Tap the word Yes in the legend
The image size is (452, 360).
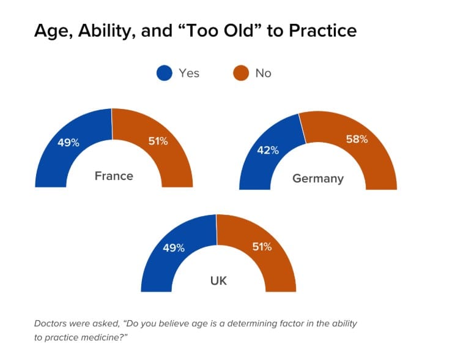pos(189,73)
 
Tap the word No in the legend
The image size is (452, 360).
pos(264,73)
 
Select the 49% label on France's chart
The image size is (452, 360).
pos(69,143)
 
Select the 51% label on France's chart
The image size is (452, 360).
pos(158,141)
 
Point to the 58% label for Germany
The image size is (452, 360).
pos(357,139)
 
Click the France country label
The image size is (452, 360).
pos(114,176)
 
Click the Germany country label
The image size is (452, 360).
pos(318,179)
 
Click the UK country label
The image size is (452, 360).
pos(218,281)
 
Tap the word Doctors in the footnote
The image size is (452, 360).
pos(51,323)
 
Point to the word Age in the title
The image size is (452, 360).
pos(50,31)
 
